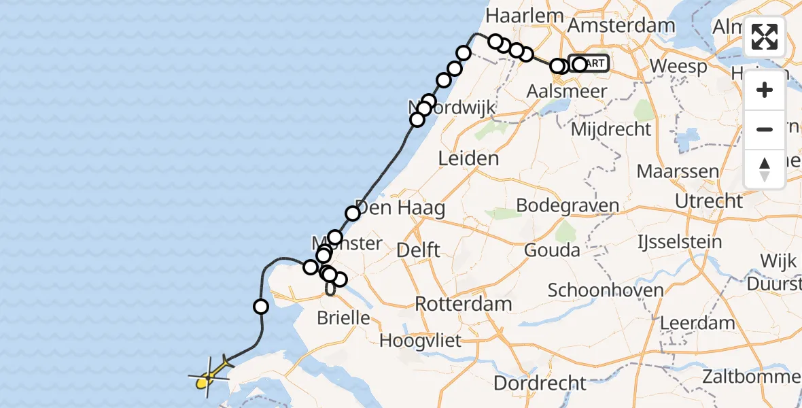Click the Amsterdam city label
(x=622, y=26)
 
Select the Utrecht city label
(x=709, y=201)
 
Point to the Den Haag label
(x=400, y=207)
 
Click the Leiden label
(x=468, y=158)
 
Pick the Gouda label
(x=552, y=250)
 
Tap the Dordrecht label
(x=540, y=382)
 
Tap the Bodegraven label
(x=568, y=205)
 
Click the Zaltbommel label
(x=761, y=375)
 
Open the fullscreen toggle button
(x=765, y=37)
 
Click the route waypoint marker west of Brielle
(x=260, y=307)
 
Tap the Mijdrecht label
(x=612, y=129)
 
